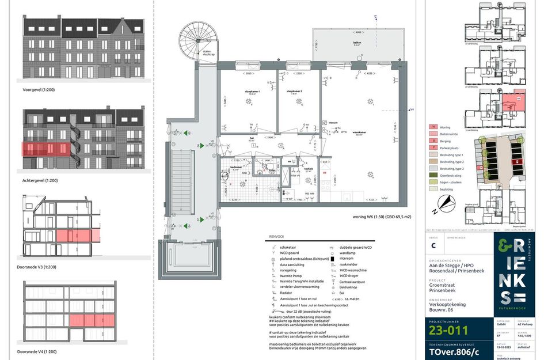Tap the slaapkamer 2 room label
(x=295, y=91)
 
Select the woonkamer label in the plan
(x=362, y=132)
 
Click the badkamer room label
(x=236, y=167)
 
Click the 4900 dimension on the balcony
(x=357, y=33)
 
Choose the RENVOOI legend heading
(x=277, y=237)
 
